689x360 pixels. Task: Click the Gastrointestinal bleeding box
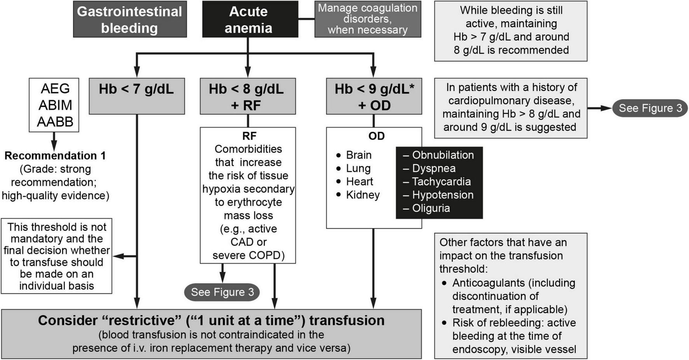[x=129, y=19]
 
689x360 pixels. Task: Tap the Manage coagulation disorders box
[x=367, y=19]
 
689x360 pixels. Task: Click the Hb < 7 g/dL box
[x=136, y=96]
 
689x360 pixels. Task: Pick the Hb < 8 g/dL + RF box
[x=247, y=96]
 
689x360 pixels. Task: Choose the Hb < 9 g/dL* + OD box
[x=374, y=96]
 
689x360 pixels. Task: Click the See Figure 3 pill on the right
[x=650, y=108]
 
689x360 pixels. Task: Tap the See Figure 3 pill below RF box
[x=222, y=292]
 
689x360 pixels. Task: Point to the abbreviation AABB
[x=55, y=122]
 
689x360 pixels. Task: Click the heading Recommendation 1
[x=55, y=156]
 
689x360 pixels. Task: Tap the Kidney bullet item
[x=362, y=195]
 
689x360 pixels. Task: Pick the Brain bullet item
[x=358, y=155]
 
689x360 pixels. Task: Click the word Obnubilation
[x=442, y=155]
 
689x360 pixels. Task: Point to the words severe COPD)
[x=248, y=255]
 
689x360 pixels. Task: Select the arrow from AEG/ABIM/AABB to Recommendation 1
[x=54, y=141]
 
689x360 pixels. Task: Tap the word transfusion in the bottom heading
[x=346, y=320]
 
